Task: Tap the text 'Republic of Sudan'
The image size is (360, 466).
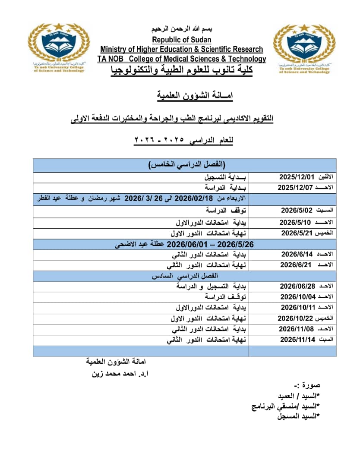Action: (x=182, y=40)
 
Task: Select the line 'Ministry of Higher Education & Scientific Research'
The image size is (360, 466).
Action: (x=182, y=49)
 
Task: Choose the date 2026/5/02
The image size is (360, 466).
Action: (x=296, y=210)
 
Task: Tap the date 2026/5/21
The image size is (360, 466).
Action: (x=296, y=233)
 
